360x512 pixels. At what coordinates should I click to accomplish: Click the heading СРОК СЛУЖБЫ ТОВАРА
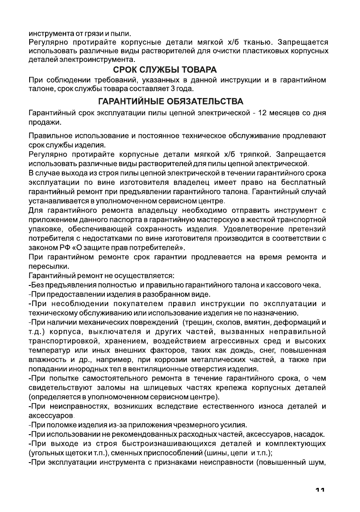165,69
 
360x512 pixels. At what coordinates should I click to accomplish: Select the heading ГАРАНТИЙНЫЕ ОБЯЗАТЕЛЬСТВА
171,101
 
